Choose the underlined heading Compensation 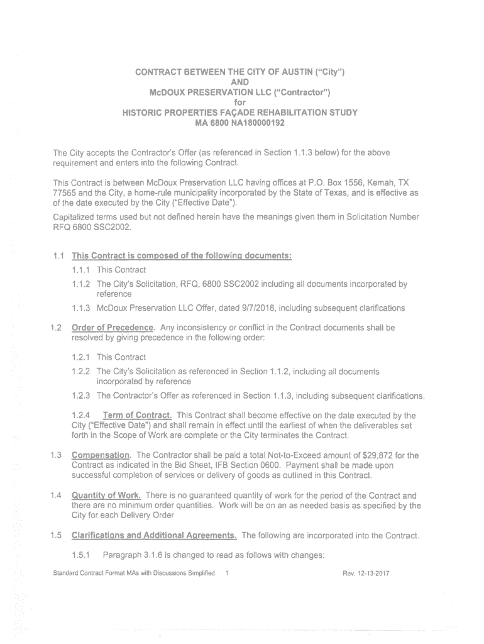pos(102,455)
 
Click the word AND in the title pos(240,82)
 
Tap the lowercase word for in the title pos(239,103)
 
